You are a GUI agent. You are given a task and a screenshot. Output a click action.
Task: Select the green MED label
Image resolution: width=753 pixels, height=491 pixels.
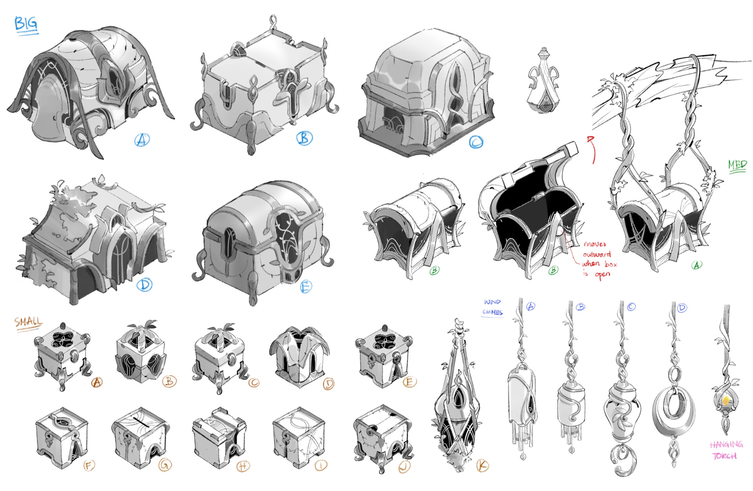click(737, 165)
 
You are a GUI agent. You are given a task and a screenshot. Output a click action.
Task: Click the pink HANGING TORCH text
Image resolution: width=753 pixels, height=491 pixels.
click(726, 450)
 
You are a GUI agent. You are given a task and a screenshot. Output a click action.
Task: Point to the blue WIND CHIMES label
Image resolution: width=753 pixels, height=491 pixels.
click(492, 307)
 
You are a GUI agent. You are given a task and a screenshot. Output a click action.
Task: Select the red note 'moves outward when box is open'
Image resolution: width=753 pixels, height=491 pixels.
click(598, 259)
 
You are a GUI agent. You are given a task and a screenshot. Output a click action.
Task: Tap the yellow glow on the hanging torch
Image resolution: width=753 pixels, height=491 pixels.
click(726, 400)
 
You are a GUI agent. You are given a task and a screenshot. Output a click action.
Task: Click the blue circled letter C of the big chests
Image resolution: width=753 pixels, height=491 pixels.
click(476, 142)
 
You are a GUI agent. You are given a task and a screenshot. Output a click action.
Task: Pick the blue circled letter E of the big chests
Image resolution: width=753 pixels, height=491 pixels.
click(306, 287)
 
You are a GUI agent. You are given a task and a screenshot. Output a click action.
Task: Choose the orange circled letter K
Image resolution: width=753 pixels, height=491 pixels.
click(482, 466)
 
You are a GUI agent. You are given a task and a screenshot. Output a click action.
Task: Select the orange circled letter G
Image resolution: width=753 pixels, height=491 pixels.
click(165, 465)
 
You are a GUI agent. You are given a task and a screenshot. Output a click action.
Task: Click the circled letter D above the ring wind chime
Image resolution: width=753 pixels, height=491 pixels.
click(682, 308)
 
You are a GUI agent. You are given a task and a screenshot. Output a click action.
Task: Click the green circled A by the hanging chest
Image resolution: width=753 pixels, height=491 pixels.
click(697, 265)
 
